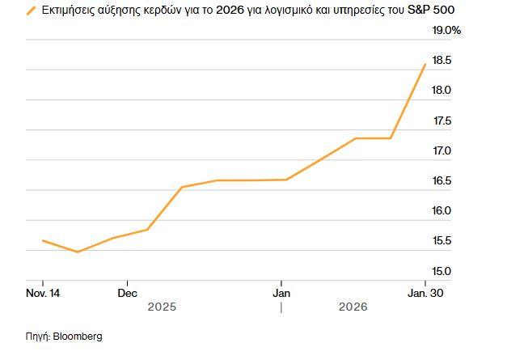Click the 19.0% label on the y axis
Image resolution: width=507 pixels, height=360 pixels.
pos(446,31)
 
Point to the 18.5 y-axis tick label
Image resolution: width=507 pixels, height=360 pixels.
pos(442,61)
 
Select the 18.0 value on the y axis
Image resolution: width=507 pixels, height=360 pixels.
pos(442,91)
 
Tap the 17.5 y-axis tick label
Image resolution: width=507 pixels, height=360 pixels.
pos(442,121)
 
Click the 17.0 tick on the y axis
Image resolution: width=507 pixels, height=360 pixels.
pos(442,150)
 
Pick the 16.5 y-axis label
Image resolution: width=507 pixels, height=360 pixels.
pos(442,180)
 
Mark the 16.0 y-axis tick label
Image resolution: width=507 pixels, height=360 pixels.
pos(442,210)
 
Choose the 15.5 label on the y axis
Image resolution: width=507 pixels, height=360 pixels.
pos(442,240)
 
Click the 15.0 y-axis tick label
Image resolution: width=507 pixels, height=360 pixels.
pos(442,271)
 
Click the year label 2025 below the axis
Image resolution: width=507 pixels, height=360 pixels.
pos(162,307)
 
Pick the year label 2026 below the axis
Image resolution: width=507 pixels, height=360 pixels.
pos(353,307)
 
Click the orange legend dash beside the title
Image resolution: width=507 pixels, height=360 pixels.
pos(32,11)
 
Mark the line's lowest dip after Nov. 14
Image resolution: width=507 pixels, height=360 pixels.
pos(78,252)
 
